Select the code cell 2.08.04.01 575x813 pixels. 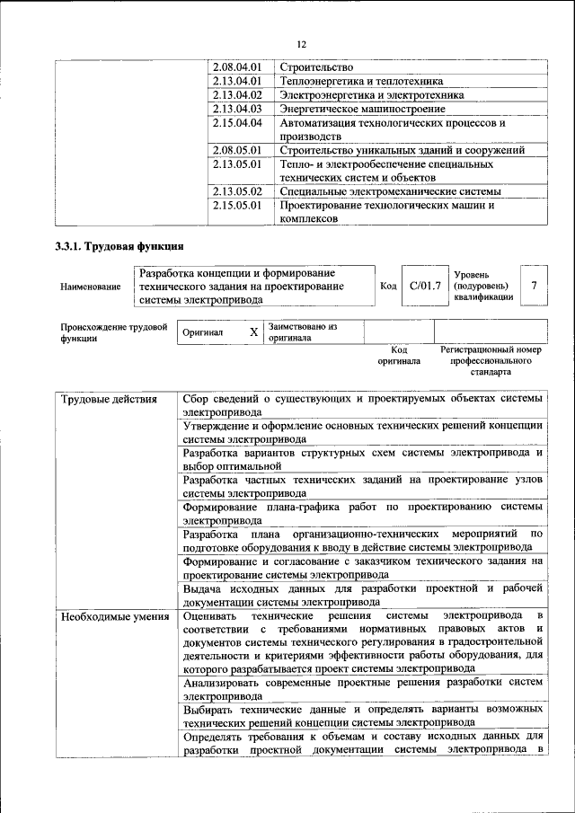pyautogui.click(x=237, y=67)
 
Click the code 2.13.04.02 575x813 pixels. pyautogui.click(x=237, y=94)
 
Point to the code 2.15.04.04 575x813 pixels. pyautogui.click(x=237, y=122)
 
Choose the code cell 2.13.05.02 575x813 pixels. pyautogui.click(x=237, y=191)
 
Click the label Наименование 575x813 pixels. pyautogui.click(x=90, y=287)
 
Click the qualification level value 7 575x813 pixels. pyautogui.click(x=535, y=286)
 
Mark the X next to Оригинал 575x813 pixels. pyautogui.click(x=253, y=332)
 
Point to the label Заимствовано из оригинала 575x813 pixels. pyautogui.click(x=302, y=332)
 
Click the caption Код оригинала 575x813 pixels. pyautogui.click(x=400, y=355)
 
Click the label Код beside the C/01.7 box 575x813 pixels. pyautogui.click(x=388, y=286)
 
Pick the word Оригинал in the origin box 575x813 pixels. pyautogui.click(x=202, y=332)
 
